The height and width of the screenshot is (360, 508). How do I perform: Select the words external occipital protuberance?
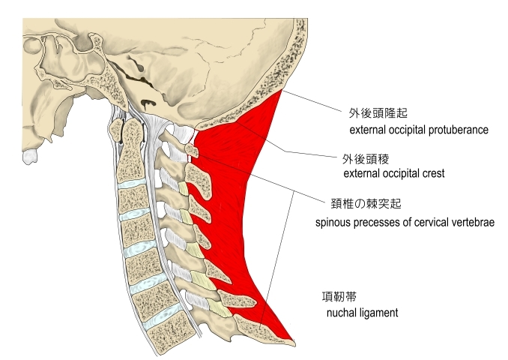coord(419,130)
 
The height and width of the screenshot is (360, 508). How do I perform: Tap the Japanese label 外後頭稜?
coord(364,158)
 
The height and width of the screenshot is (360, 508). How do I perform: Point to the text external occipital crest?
coord(393,173)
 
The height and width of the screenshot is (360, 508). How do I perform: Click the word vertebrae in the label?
coord(472,223)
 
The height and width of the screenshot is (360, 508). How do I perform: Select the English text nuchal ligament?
coord(361,310)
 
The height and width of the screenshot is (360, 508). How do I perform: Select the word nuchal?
coord(341,310)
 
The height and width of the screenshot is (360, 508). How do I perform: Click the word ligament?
coord(378,310)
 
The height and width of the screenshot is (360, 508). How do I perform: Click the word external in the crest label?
coord(360,173)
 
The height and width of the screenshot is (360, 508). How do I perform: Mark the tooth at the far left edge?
coord(30,157)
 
